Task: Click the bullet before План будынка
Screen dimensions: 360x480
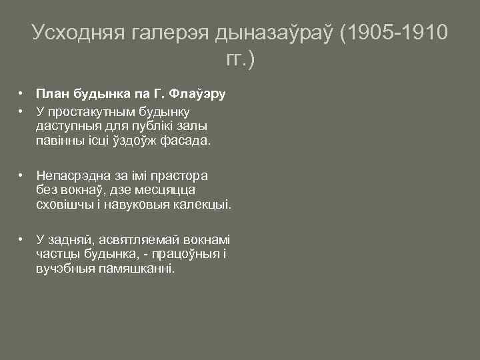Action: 22,93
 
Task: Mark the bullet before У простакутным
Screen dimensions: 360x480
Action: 22,110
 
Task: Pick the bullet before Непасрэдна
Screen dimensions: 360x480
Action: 22,175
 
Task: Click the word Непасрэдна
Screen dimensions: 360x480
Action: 71,175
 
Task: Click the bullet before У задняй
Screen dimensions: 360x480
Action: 22,239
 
